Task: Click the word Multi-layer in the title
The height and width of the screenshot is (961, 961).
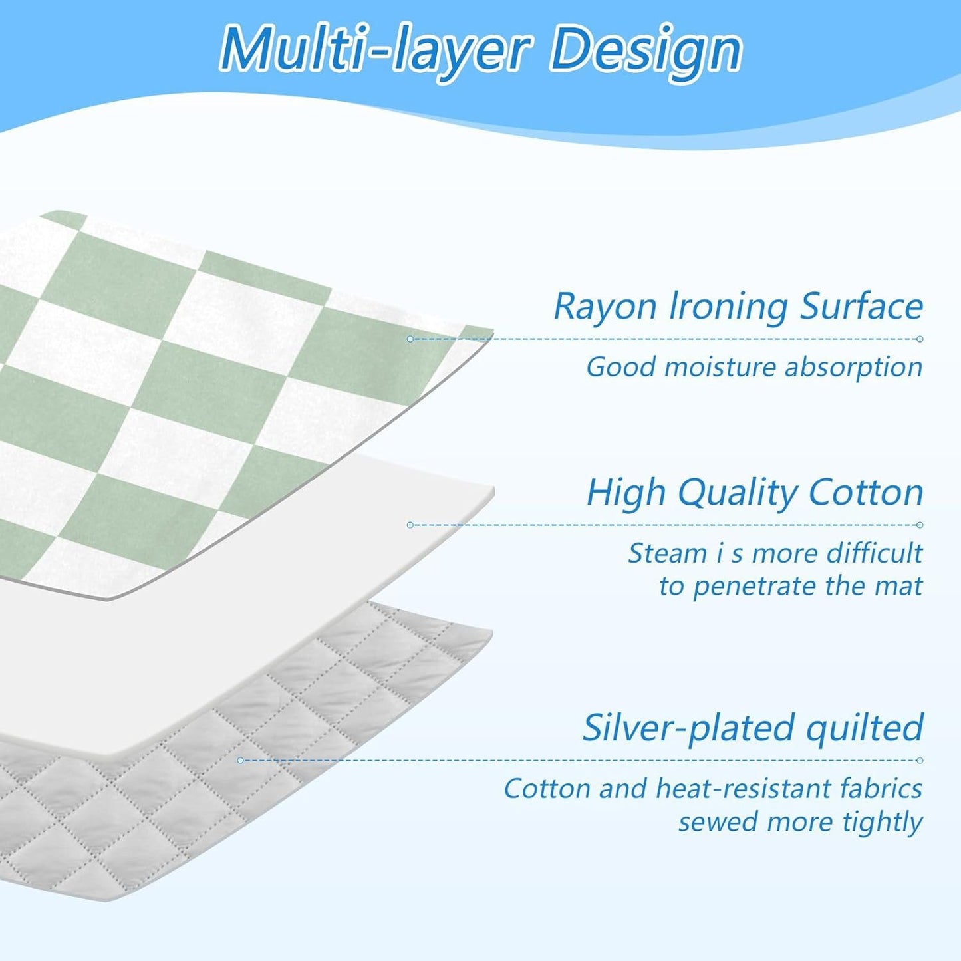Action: pos(376,51)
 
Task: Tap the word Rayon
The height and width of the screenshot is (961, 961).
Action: pos(605,307)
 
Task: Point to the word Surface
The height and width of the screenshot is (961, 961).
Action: pos(861,307)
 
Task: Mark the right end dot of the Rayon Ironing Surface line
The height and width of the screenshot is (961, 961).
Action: pos(920,339)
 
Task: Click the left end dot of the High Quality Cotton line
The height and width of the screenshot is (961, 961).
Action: pos(410,525)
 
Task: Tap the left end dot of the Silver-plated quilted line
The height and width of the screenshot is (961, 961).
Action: pos(241,760)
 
